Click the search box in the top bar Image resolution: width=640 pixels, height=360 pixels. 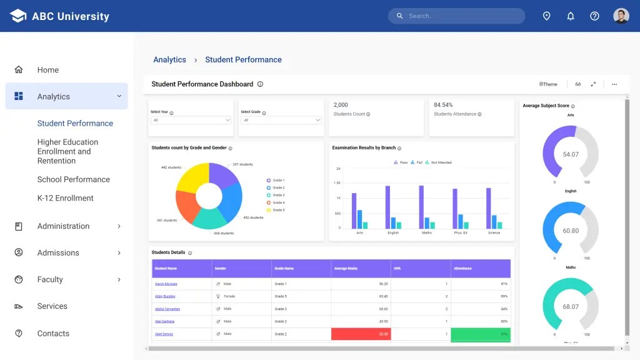[x=456, y=16]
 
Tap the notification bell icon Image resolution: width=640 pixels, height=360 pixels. [x=571, y=16]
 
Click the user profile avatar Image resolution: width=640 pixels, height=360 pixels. [x=621, y=16]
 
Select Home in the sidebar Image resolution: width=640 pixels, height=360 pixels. [x=47, y=70]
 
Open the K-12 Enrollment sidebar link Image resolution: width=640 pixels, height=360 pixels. [x=65, y=198]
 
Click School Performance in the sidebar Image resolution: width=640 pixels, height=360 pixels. [x=73, y=179]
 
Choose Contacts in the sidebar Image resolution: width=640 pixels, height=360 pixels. [x=53, y=334]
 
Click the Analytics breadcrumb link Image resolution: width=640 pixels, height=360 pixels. [x=169, y=60]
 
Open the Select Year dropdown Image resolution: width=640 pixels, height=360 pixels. [x=191, y=120]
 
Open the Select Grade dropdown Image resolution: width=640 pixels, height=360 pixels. [x=281, y=120]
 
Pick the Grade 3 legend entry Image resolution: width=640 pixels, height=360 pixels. [x=278, y=195]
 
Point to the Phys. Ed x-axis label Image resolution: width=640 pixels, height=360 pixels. [x=461, y=232]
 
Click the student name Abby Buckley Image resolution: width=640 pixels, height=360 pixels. [x=165, y=296]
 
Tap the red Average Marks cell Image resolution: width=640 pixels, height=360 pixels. [x=361, y=334]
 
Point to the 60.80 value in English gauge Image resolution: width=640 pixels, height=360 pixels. [x=571, y=231]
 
